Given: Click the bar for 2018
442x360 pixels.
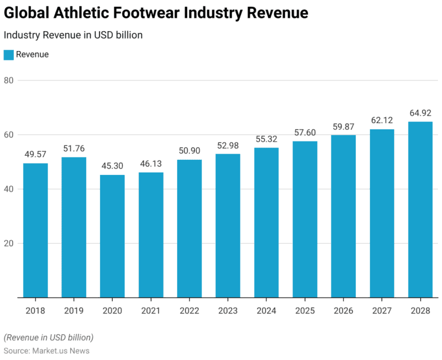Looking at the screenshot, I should click(x=36, y=230).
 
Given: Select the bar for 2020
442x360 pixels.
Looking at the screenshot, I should click(x=112, y=236).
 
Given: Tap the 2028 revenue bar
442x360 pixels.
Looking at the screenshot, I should click(x=420, y=209).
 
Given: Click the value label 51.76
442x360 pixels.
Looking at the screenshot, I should click(x=74, y=149).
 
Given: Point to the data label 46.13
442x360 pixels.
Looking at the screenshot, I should click(x=151, y=164).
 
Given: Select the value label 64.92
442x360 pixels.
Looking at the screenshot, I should click(x=420, y=113).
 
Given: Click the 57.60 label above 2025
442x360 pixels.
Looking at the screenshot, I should click(x=305, y=133).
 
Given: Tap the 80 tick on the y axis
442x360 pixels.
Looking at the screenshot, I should click(x=9, y=80).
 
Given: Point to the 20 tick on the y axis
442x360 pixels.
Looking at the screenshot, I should click(x=9, y=243).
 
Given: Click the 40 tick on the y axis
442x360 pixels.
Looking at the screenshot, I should click(x=9, y=189).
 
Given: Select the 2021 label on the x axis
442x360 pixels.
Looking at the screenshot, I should click(x=151, y=311).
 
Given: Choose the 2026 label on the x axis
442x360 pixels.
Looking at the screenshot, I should click(x=343, y=311).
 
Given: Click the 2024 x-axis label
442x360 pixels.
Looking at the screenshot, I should click(x=266, y=311).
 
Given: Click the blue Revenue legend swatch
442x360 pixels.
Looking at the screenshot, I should click(x=8, y=55).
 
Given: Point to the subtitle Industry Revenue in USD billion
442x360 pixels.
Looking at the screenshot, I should click(x=73, y=35).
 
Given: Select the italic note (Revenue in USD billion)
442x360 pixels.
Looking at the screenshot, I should click(x=48, y=337).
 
